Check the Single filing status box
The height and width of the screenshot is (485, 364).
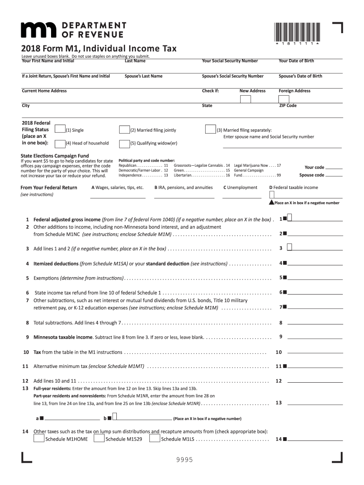pyautogui.click(x=60, y=129)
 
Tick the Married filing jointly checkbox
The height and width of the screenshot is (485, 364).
pyautogui.click(x=124, y=129)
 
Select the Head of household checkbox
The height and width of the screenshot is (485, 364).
pyautogui.click(x=60, y=144)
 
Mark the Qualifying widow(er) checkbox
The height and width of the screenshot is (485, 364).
pyautogui.click(x=124, y=144)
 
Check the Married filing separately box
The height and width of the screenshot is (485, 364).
pyautogui.click(x=210, y=129)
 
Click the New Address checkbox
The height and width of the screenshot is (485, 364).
pyautogui.click(x=245, y=99)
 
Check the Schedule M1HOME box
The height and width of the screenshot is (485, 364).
pyautogui.click(x=39, y=439)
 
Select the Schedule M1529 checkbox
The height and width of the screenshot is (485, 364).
pyautogui.click(x=99, y=439)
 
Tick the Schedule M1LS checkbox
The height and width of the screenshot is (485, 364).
pyautogui.click(x=155, y=439)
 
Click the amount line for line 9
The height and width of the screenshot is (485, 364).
pyautogui.click(x=315, y=338)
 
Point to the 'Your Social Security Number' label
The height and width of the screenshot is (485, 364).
pyautogui.click(x=230, y=61)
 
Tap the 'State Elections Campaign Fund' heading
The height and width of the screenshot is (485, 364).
pyautogui.click(x=55, y=155)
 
